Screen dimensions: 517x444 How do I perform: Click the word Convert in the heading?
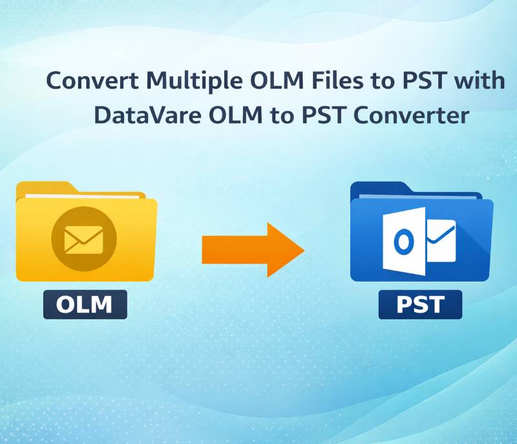click(92, 81)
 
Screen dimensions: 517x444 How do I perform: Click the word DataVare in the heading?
click(147, 116)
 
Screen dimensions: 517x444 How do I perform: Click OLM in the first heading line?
click(277, 81)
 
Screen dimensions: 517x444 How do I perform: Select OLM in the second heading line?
click(235, 116)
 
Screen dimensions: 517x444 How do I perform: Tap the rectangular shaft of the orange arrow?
click(235, 250)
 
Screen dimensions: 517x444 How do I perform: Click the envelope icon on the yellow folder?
click(84, 240)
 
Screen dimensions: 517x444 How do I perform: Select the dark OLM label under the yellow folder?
click(85, 304)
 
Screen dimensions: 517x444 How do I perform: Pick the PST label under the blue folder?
click(420, 304)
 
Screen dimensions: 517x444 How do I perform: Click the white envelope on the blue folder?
click(441, 241)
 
